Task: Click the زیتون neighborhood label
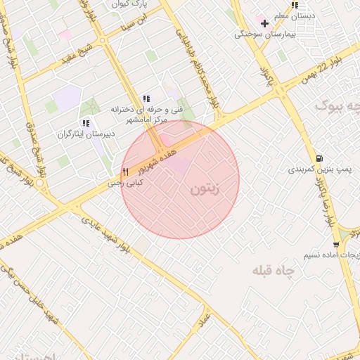click(205, 189)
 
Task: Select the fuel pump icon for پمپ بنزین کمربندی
click(320, 158)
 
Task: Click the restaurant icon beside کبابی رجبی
click(125, 172)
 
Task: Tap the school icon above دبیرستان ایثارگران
click(86, 123)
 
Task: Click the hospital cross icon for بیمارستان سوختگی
click(264, 24)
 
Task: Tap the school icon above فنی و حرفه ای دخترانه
click(146, 99)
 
